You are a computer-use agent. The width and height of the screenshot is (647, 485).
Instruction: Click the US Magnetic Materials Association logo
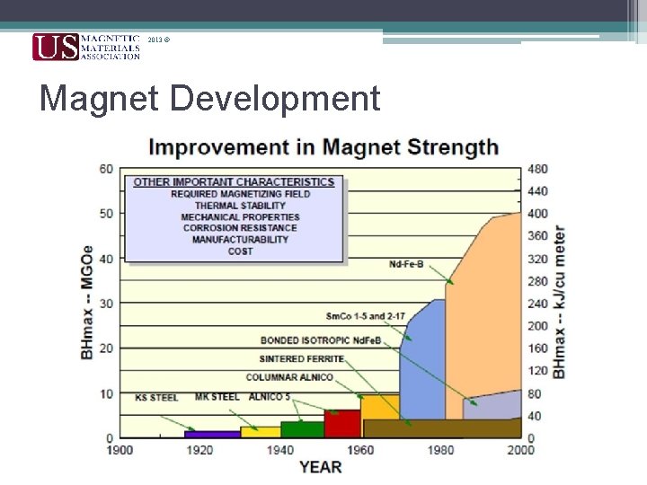coord(86,47)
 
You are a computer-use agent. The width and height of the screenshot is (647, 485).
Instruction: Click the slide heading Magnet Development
coord(210,99)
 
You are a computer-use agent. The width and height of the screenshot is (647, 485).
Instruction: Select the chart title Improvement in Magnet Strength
coord(323,146)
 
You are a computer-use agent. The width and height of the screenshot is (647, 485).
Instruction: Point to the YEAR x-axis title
coord(320,466)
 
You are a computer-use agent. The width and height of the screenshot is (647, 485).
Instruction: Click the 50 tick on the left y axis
coord(106,214)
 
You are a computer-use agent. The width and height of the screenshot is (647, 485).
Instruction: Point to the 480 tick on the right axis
coord(537,169)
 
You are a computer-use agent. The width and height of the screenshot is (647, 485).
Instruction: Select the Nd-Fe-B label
coord(406,264)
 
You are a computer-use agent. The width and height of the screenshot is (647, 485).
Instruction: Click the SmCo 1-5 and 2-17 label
coord(366,316)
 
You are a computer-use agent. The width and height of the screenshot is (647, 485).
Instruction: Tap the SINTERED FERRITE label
coord(302,359)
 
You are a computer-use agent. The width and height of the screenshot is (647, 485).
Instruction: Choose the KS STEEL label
coord(156,397)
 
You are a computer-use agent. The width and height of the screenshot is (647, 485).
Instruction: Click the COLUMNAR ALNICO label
coord(289,377)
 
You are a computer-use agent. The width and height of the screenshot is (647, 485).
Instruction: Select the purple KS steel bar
coord(212,434)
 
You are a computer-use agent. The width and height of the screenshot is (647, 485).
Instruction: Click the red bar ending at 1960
coord(341,424)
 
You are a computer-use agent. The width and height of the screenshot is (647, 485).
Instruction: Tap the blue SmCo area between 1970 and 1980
coord(423,359)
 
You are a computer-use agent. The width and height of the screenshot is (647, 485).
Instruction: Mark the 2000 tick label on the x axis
coord(521,449)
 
